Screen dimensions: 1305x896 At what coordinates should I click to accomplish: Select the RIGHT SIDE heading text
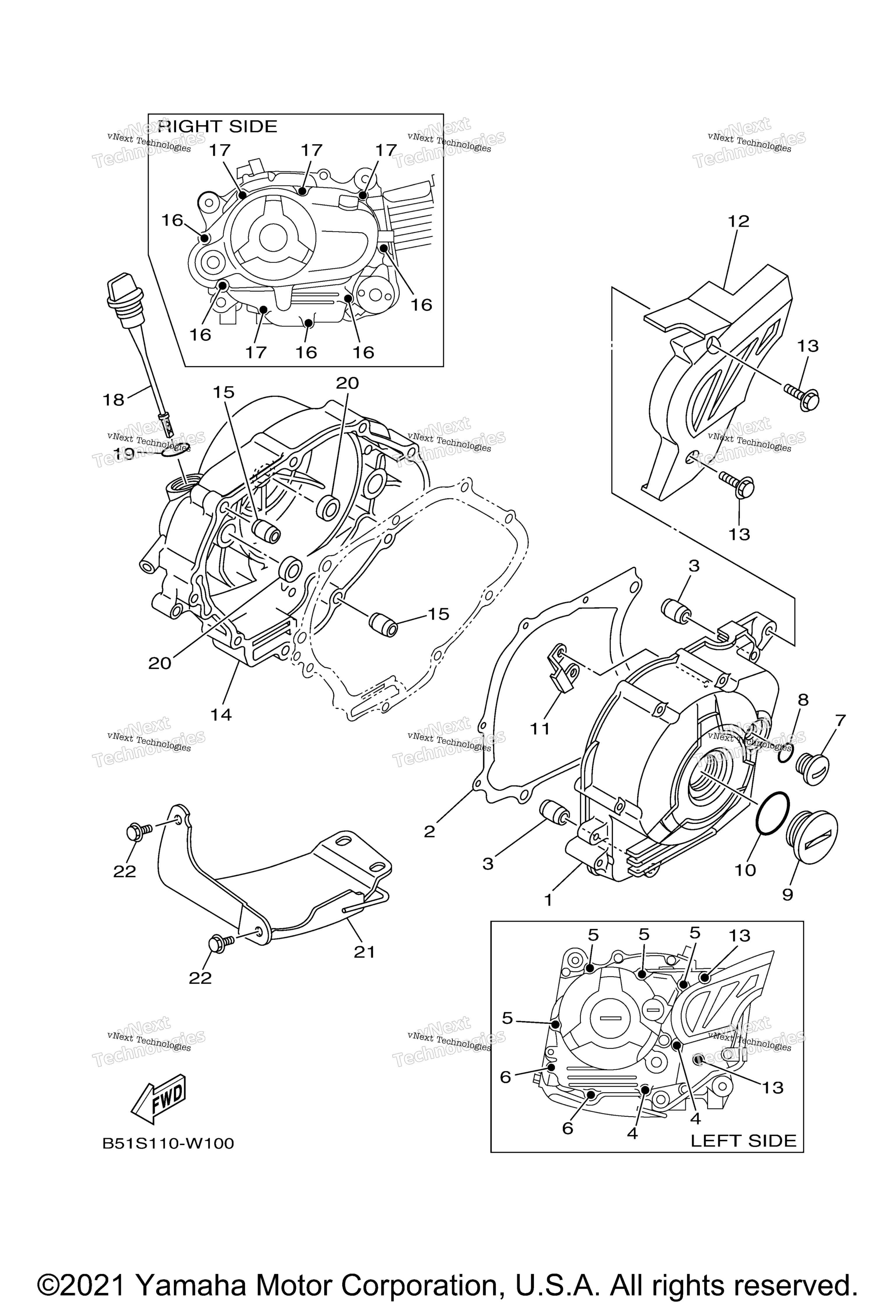pyautogui.click(x=218, y=126)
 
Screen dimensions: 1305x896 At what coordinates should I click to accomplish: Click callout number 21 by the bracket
pyautogui.click(x=364, y=952)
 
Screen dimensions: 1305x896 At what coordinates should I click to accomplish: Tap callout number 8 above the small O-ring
pyautogui.click(x=803, y=700)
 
